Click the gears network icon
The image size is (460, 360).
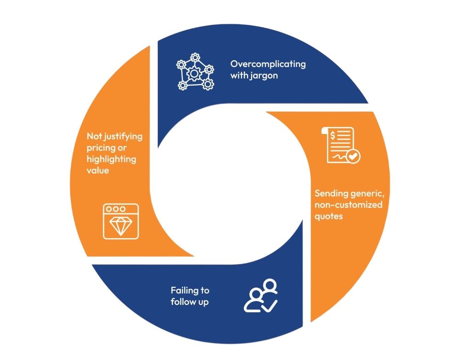pos(195,71)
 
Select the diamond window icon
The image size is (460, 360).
pos(121,221)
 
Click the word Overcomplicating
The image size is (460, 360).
pos(268,64)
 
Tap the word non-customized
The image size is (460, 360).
pos(348,205)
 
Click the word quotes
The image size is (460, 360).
pos(328,216)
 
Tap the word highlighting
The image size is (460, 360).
pos(112,160)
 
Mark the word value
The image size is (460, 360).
pos(98,171)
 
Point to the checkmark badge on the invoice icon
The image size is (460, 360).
pos(353,157)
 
